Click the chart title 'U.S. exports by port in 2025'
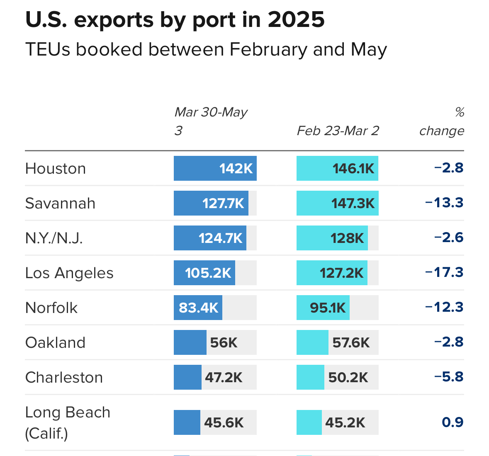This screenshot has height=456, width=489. pos(175,20)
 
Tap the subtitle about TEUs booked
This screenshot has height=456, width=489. pos(206,50)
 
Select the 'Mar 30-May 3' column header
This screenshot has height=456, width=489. pos(211,121)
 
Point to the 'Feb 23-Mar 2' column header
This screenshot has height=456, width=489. pos(338,131)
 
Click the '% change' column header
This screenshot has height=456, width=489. pos(442,121)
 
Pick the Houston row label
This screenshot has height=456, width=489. pos(56,169)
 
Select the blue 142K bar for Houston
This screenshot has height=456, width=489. pos(215,168)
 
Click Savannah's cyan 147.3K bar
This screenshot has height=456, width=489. pos(337,203)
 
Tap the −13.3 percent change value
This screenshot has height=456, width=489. pos(444,203)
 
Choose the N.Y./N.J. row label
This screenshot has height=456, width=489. pos(54,238)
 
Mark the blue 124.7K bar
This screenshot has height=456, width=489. pos(210,238)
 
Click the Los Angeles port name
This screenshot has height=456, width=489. pos(69,273)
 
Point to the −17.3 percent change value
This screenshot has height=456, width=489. pos(444,272)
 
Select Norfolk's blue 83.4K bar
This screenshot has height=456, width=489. pos(198,308)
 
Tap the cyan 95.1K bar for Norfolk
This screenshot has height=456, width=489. pos(323,308)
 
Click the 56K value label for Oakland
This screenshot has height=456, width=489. pos(224,343)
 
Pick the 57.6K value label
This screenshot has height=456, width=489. pos(351,343)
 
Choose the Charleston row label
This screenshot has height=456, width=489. pos(64,378)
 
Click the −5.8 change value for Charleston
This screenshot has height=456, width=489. pos(449,377)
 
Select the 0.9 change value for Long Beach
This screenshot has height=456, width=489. pos(453,422)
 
